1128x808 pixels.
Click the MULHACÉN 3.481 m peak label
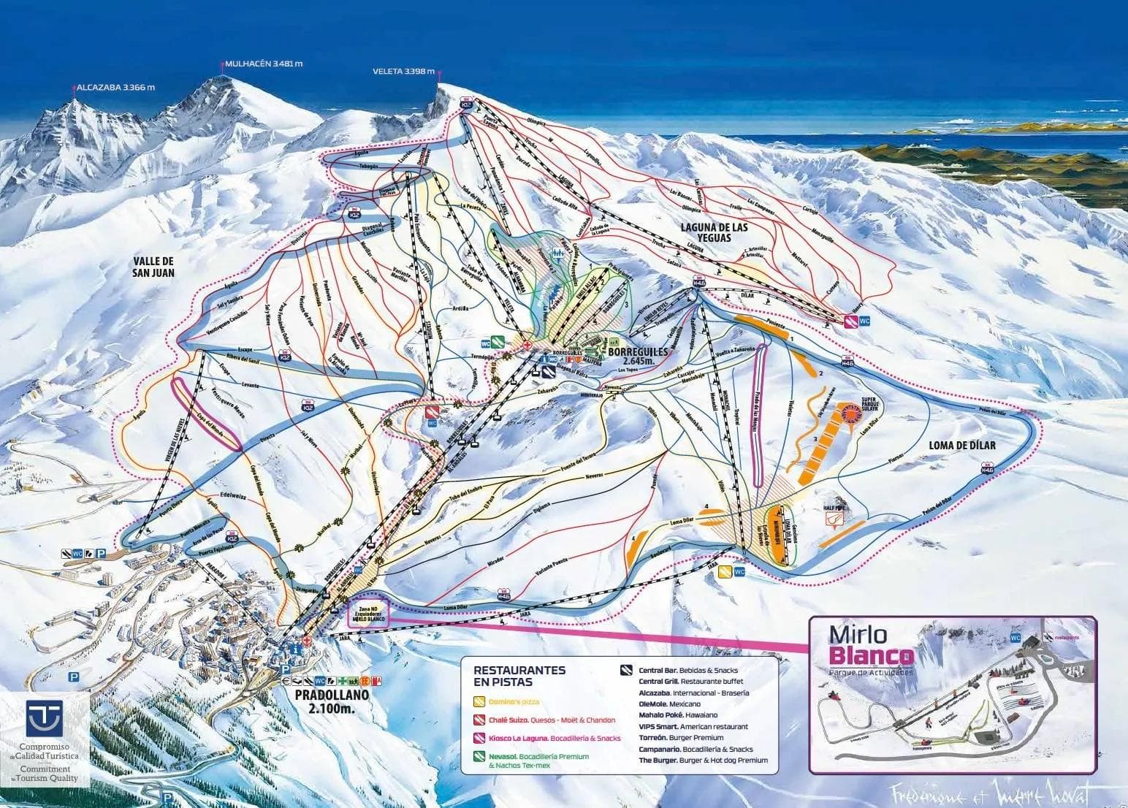pyautogui.click(x=264, y=64)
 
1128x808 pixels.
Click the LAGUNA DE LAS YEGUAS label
pyautogui.click(x=714, y=233)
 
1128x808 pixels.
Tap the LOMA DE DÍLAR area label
pyautogui.click(x=962, y=444)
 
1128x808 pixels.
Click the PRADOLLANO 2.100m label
pyautogui.click(x=332, y=701)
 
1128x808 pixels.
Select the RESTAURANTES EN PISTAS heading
pyautogui.click(x=519, y=675)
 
